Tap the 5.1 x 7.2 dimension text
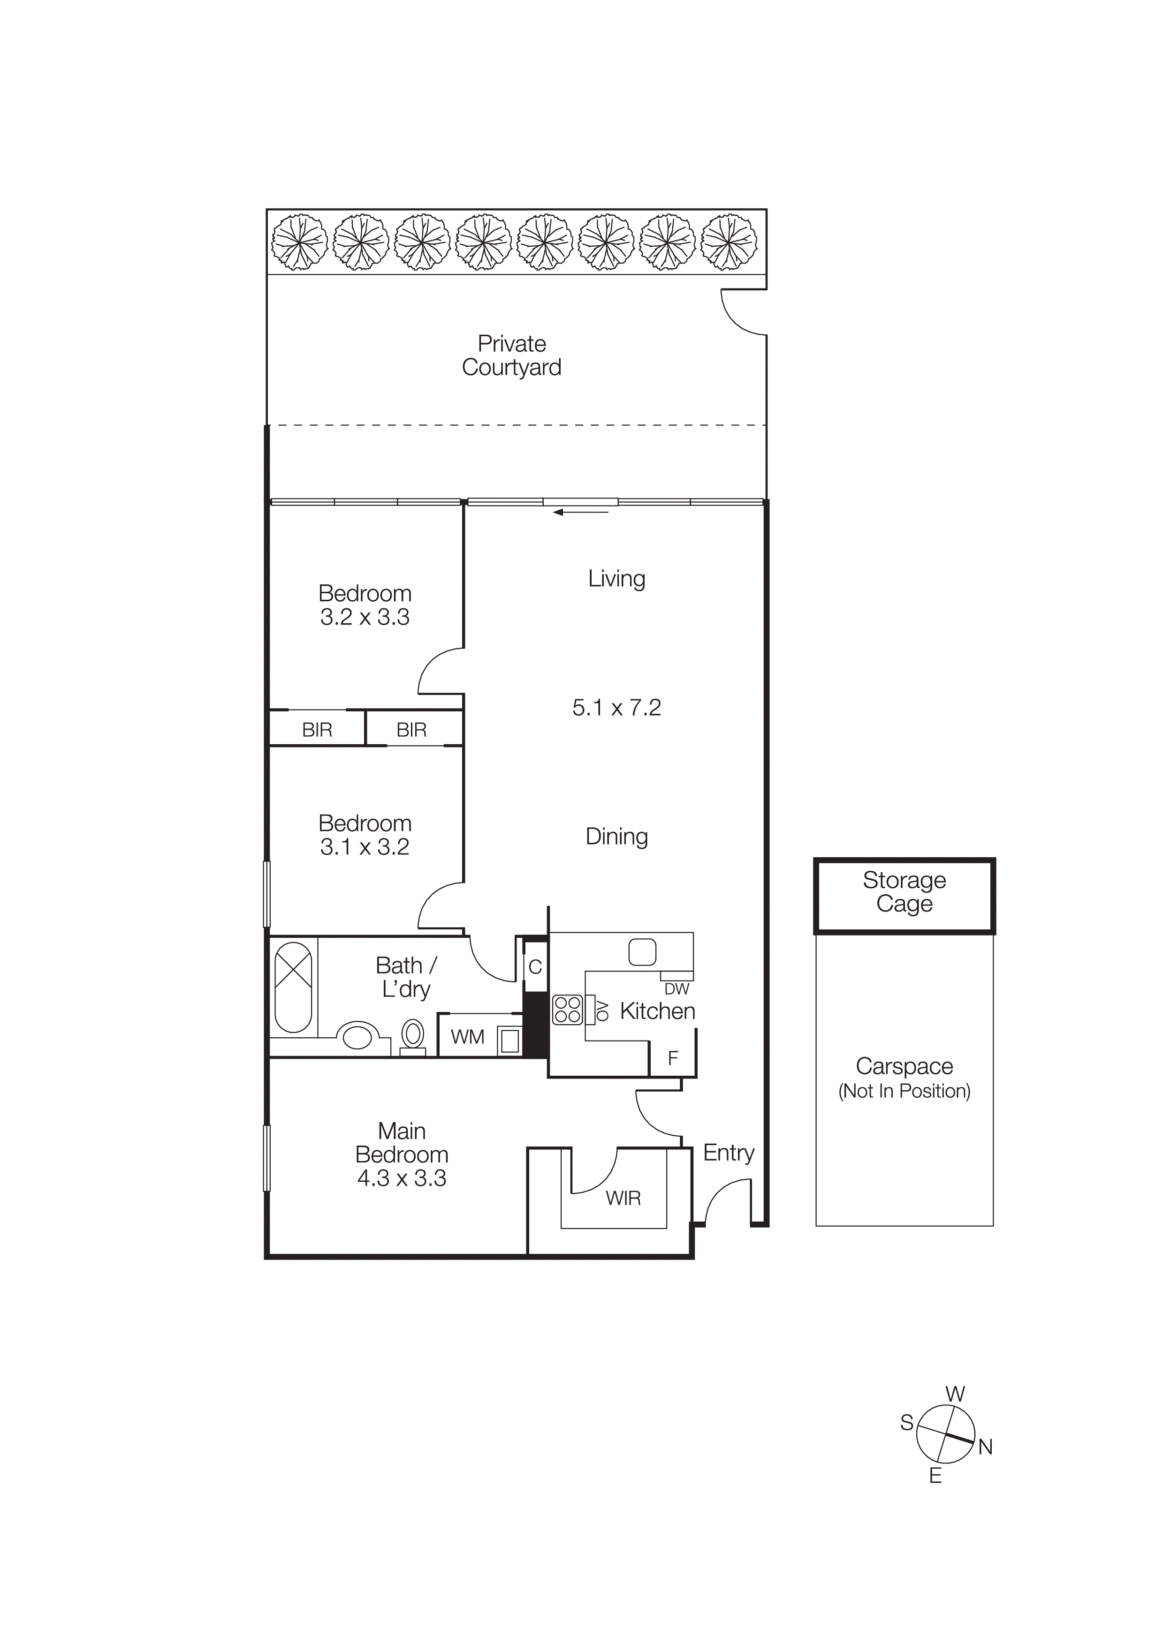pos(616,708)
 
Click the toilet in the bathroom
pos(413,1035)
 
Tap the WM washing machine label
pos(467,1037)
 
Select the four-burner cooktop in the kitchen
pos(568,1010)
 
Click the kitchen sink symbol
pos(642,952)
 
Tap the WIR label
pos(623,1198)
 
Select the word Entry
pos(729,1153)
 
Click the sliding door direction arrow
pos(580,512)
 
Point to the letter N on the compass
pos(985,1447)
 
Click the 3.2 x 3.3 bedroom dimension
pos(365,617)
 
